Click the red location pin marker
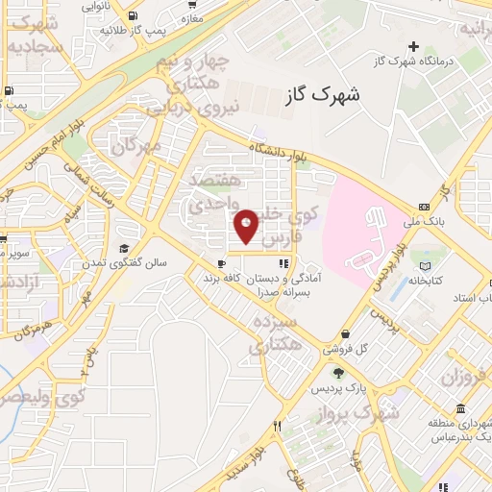pyautogui.click(x=247, y=226)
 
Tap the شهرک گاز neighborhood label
pyautogui.click(x=322, y=97)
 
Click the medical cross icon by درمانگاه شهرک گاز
pyautogui.click(x=414, y=46)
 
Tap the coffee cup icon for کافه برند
pyautogui.click(x=222, y=263)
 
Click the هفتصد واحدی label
pyautogui.click(x=210, y=192)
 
